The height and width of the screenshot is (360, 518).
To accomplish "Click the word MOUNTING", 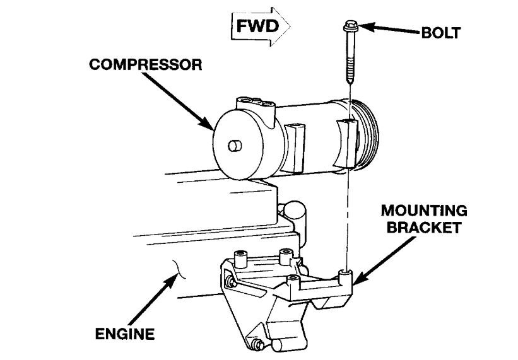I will point(424,211).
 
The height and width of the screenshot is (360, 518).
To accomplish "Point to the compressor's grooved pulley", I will point(367,135).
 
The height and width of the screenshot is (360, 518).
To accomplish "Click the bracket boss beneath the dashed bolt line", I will point(345,276).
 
